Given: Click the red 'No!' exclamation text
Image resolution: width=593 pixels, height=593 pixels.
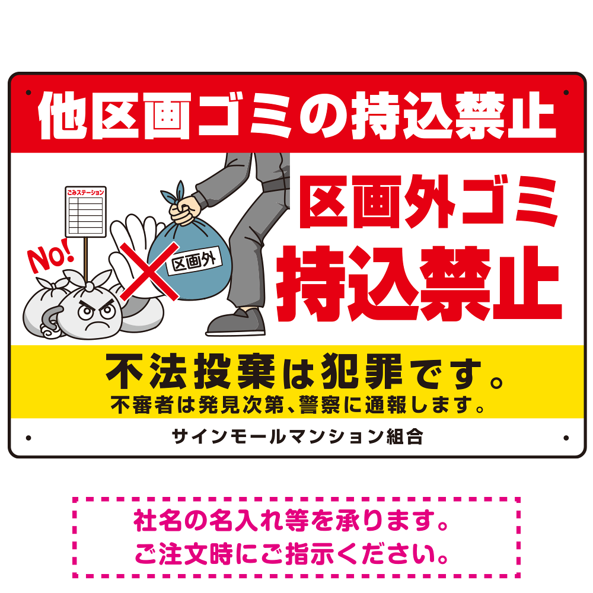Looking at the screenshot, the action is [x=50, y=255].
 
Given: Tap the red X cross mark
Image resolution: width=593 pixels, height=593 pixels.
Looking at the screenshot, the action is [x=150, y=272].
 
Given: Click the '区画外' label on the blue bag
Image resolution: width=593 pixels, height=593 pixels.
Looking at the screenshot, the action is [x=194, y=261].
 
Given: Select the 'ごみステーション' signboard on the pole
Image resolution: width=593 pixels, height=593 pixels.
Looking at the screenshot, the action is [x=85, y=212].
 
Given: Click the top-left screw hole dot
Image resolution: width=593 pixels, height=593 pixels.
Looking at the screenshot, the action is [x=28, y=93].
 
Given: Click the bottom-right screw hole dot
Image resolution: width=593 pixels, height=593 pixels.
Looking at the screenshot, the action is [x=566, y=438].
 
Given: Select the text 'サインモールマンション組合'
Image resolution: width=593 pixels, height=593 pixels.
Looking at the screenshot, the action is [x=297, y=437].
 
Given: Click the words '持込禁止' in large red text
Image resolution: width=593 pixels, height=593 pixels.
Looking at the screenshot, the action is [x=419, y=283].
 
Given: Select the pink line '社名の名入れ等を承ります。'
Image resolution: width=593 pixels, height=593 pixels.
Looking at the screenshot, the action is [x=291, y=521].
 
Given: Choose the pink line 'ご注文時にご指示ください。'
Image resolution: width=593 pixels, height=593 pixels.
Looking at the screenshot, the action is [x=292, y=554].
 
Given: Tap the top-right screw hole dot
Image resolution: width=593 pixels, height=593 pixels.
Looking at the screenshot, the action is [x=566, y=93].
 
